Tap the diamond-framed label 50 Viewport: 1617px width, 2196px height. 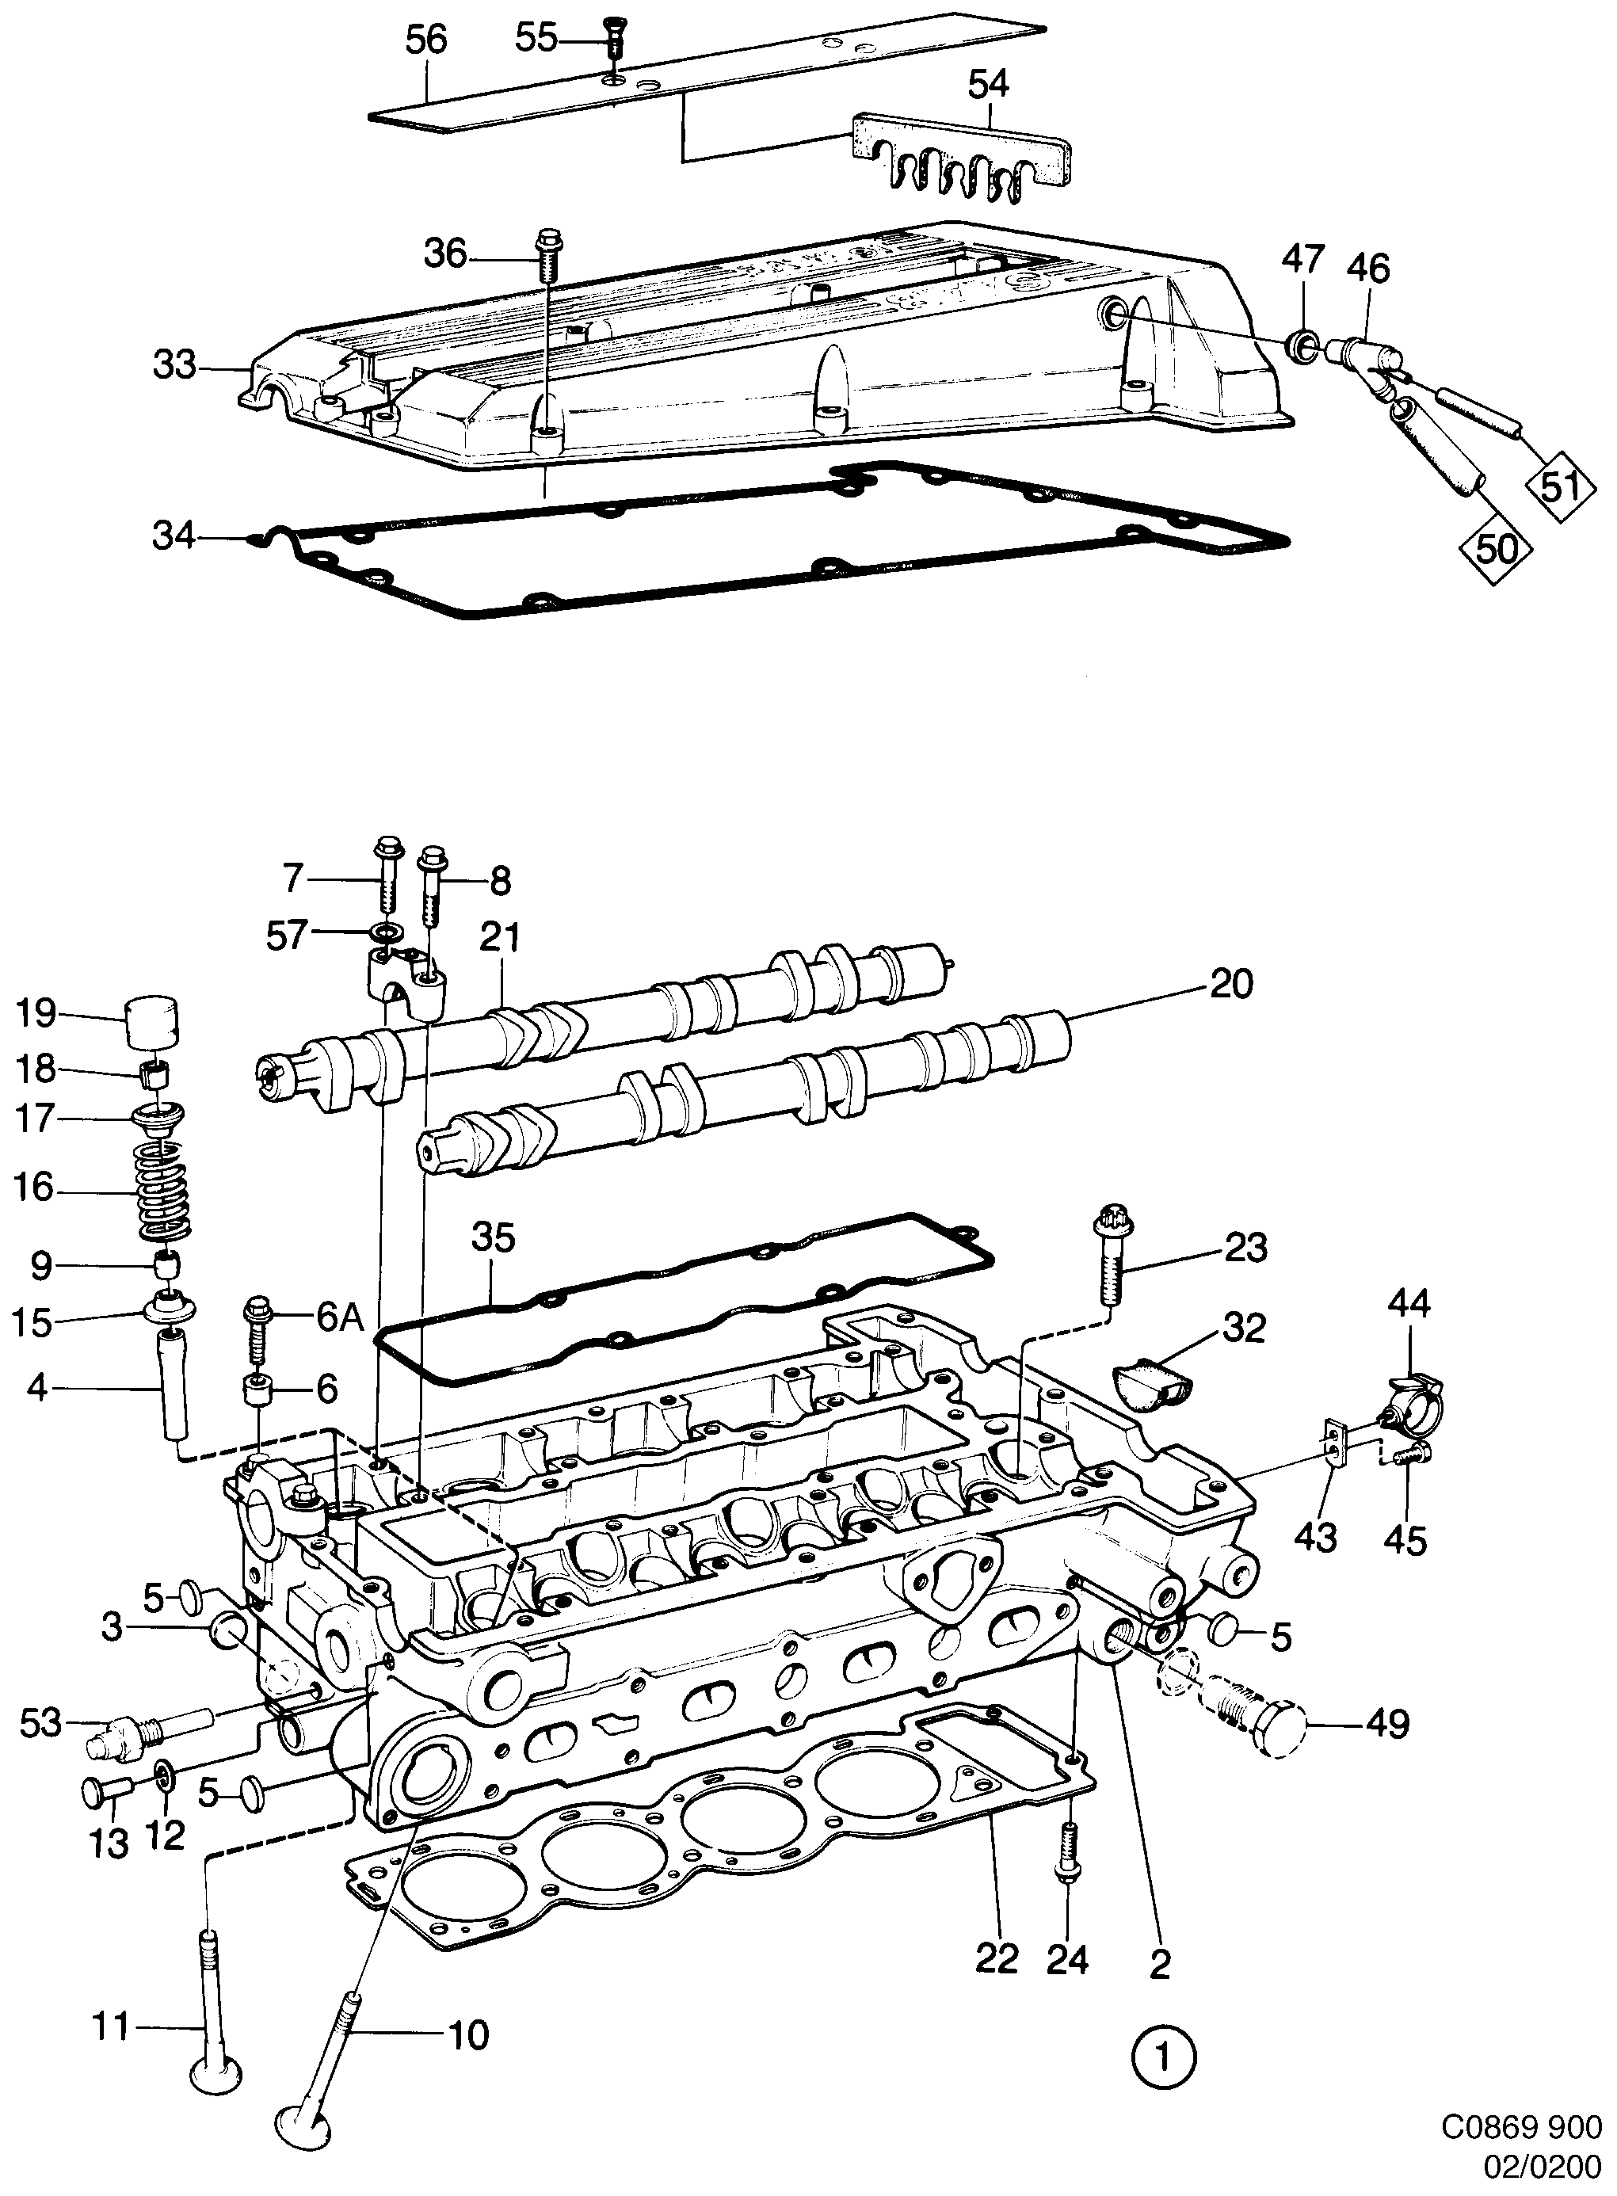point(1497,548)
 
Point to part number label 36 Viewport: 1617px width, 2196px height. point(445,255)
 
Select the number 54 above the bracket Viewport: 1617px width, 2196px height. point(988,84)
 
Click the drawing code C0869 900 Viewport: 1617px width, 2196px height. point(1520,2125)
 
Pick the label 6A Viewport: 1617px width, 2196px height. point(340,1317)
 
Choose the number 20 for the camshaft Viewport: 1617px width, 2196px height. point(1230,983)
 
